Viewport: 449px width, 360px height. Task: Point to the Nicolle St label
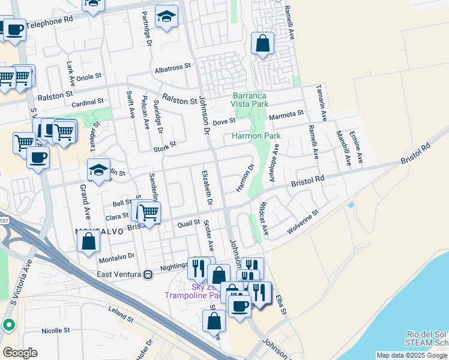click(56, 330)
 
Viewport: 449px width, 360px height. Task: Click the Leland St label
click(121, 313)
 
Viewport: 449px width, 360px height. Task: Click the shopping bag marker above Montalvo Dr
click(88, 241)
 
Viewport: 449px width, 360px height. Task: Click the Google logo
click(20, 353)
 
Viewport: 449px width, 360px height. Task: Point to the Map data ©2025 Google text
click(412, 355)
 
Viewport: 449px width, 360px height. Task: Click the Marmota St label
click(287, 115)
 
